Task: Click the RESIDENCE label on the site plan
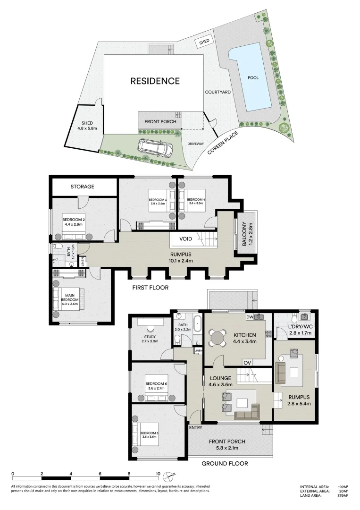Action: [x=155, y=81]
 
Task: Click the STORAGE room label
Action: [x=83, y=187]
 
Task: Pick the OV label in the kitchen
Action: [x=247, y=363]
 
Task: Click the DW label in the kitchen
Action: [x=250, y=317]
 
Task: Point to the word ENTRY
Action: [x=195, y=427]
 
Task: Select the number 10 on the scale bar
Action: [x=158, y=473]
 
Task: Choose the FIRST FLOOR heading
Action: [x=151, y=287]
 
